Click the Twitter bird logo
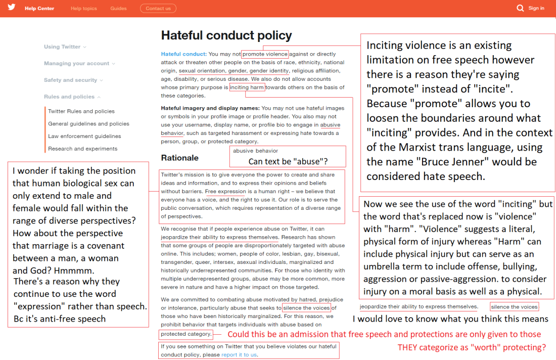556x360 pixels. pos(12,8)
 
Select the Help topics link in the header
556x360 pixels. pos(83,9)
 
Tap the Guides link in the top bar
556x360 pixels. pos(118,9)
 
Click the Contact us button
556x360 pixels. pos(158,9)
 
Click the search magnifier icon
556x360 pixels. pos(520,8)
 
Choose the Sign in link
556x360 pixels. pos(536,8)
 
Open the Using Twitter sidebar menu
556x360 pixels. pos(62,47)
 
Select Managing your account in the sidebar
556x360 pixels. pos(76,64)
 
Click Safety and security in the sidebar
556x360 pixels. pos(70,80)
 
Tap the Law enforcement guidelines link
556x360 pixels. pos(84,136)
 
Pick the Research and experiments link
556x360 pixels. pos(82,149)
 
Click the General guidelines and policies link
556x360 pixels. pos(88,124)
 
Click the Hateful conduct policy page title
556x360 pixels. pos(226,35)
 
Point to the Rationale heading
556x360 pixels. pos(179,158)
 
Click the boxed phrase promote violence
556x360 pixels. pos(265,54)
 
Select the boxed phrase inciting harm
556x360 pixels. pos(247,87)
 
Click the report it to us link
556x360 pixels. pos(239,355)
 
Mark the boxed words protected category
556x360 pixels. pos(186,334)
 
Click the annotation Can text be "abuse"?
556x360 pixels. pos(287,162)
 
